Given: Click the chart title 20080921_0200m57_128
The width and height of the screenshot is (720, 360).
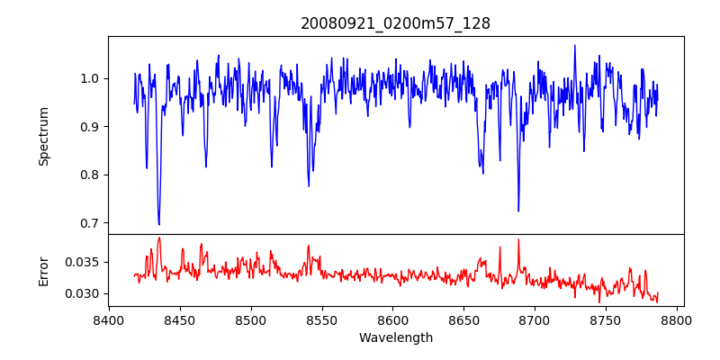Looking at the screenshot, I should [x=395, y=23].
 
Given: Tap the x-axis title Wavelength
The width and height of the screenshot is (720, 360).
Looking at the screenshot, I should [x=395, y=337].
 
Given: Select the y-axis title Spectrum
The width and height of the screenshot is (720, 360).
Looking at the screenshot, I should [x=43, y=136].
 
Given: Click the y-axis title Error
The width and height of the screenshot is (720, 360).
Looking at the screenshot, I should [x=43, y=271].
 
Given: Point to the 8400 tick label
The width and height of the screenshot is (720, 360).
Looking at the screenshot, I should [x=109, y=319].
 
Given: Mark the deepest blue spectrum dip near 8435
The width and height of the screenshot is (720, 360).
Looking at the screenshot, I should [x=158, y=224].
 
